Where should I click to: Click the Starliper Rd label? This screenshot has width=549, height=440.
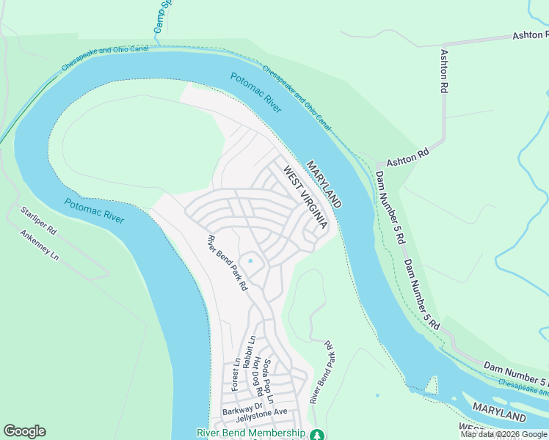pyautogui.click(x=39, y=219)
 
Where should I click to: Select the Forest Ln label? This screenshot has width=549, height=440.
pyautogui.click(x=236, y=374)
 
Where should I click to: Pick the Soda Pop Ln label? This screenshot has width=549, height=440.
pyautogui.click(x=268, y=381)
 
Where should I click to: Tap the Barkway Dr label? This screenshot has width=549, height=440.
pyautogui.click(x=242, y=408)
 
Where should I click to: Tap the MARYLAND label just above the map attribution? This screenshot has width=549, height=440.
pyautogui.click(x=499, y=412)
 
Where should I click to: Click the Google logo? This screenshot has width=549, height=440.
pyautogui.click(x=24, y=431)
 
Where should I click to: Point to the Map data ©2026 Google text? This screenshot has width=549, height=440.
pyautogui.click(x=503, y=434)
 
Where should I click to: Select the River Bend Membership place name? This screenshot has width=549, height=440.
pyautogui.click(x=250, y=433)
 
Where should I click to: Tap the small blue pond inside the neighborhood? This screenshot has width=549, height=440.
pyautogui.click(x=251, y=260)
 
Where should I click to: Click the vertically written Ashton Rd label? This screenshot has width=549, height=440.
pyautogui.click(x=443, y=70)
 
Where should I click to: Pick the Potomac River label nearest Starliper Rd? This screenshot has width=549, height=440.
pyautogui.click(x=93, y=211)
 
